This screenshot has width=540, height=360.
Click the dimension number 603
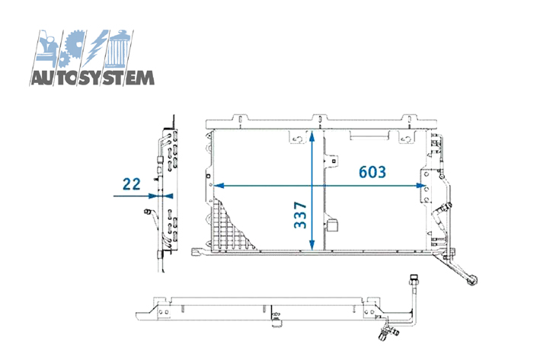point(372,172)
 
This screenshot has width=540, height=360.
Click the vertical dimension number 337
point(300,215)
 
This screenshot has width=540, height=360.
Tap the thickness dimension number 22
point(132,184)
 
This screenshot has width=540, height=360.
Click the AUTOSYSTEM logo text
point(92,78)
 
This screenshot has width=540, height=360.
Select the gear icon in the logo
point(72,48)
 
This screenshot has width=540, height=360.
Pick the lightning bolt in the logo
point(94,47)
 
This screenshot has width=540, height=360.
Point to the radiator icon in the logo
point(119,48)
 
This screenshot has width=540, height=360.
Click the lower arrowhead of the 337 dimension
point(312,245)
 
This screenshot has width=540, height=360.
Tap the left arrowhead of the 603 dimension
point(219,186)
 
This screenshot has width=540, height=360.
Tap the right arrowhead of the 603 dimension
point(421,186)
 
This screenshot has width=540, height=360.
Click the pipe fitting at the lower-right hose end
point(471,280)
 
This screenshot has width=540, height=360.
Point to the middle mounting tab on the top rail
point(320,118)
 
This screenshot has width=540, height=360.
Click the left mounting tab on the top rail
point(241,118)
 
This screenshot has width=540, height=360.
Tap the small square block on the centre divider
point(332,226)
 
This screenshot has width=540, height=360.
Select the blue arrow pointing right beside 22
point(136,196)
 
